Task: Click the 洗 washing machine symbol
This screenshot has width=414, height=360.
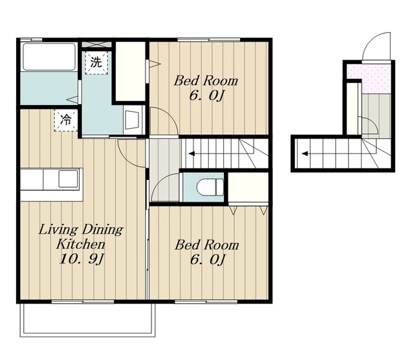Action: pyautogui.click(x=96, y=63)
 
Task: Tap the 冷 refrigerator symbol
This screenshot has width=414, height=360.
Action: pyautogui.click(x=65, y=120)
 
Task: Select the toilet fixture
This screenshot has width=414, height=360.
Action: pyautogui.click(x=210, y=187)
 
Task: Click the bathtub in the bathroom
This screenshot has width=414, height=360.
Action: pyautogui.click(x=49, y=56)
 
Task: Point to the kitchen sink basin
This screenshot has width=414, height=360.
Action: pyautogui.click(x=68, y=179)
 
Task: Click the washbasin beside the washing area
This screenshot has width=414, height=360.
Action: pyautogui.click(x=132, y=120)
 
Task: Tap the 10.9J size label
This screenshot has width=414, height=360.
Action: pyautogui.click(x=82, y=259)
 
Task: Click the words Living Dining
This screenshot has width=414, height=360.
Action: pyautogui.click(x=81, y=230)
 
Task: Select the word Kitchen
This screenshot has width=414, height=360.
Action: pyautogui.click(x=81, y=245)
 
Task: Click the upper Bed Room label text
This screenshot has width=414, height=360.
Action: pyautogui.click(x=206, y=81)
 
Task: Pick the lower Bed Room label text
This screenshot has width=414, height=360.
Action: pyautogui.click(x=207, y=245)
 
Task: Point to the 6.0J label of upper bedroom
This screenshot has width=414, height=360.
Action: pyautogui.click(x=206, y=96)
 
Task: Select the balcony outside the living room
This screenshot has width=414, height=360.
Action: pyautogui.click(x=88, y=320)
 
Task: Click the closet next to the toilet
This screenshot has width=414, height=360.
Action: pyautogui.click(x=248, y=187)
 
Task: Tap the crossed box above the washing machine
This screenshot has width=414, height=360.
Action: pyautogui.click(x=96, y=44)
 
